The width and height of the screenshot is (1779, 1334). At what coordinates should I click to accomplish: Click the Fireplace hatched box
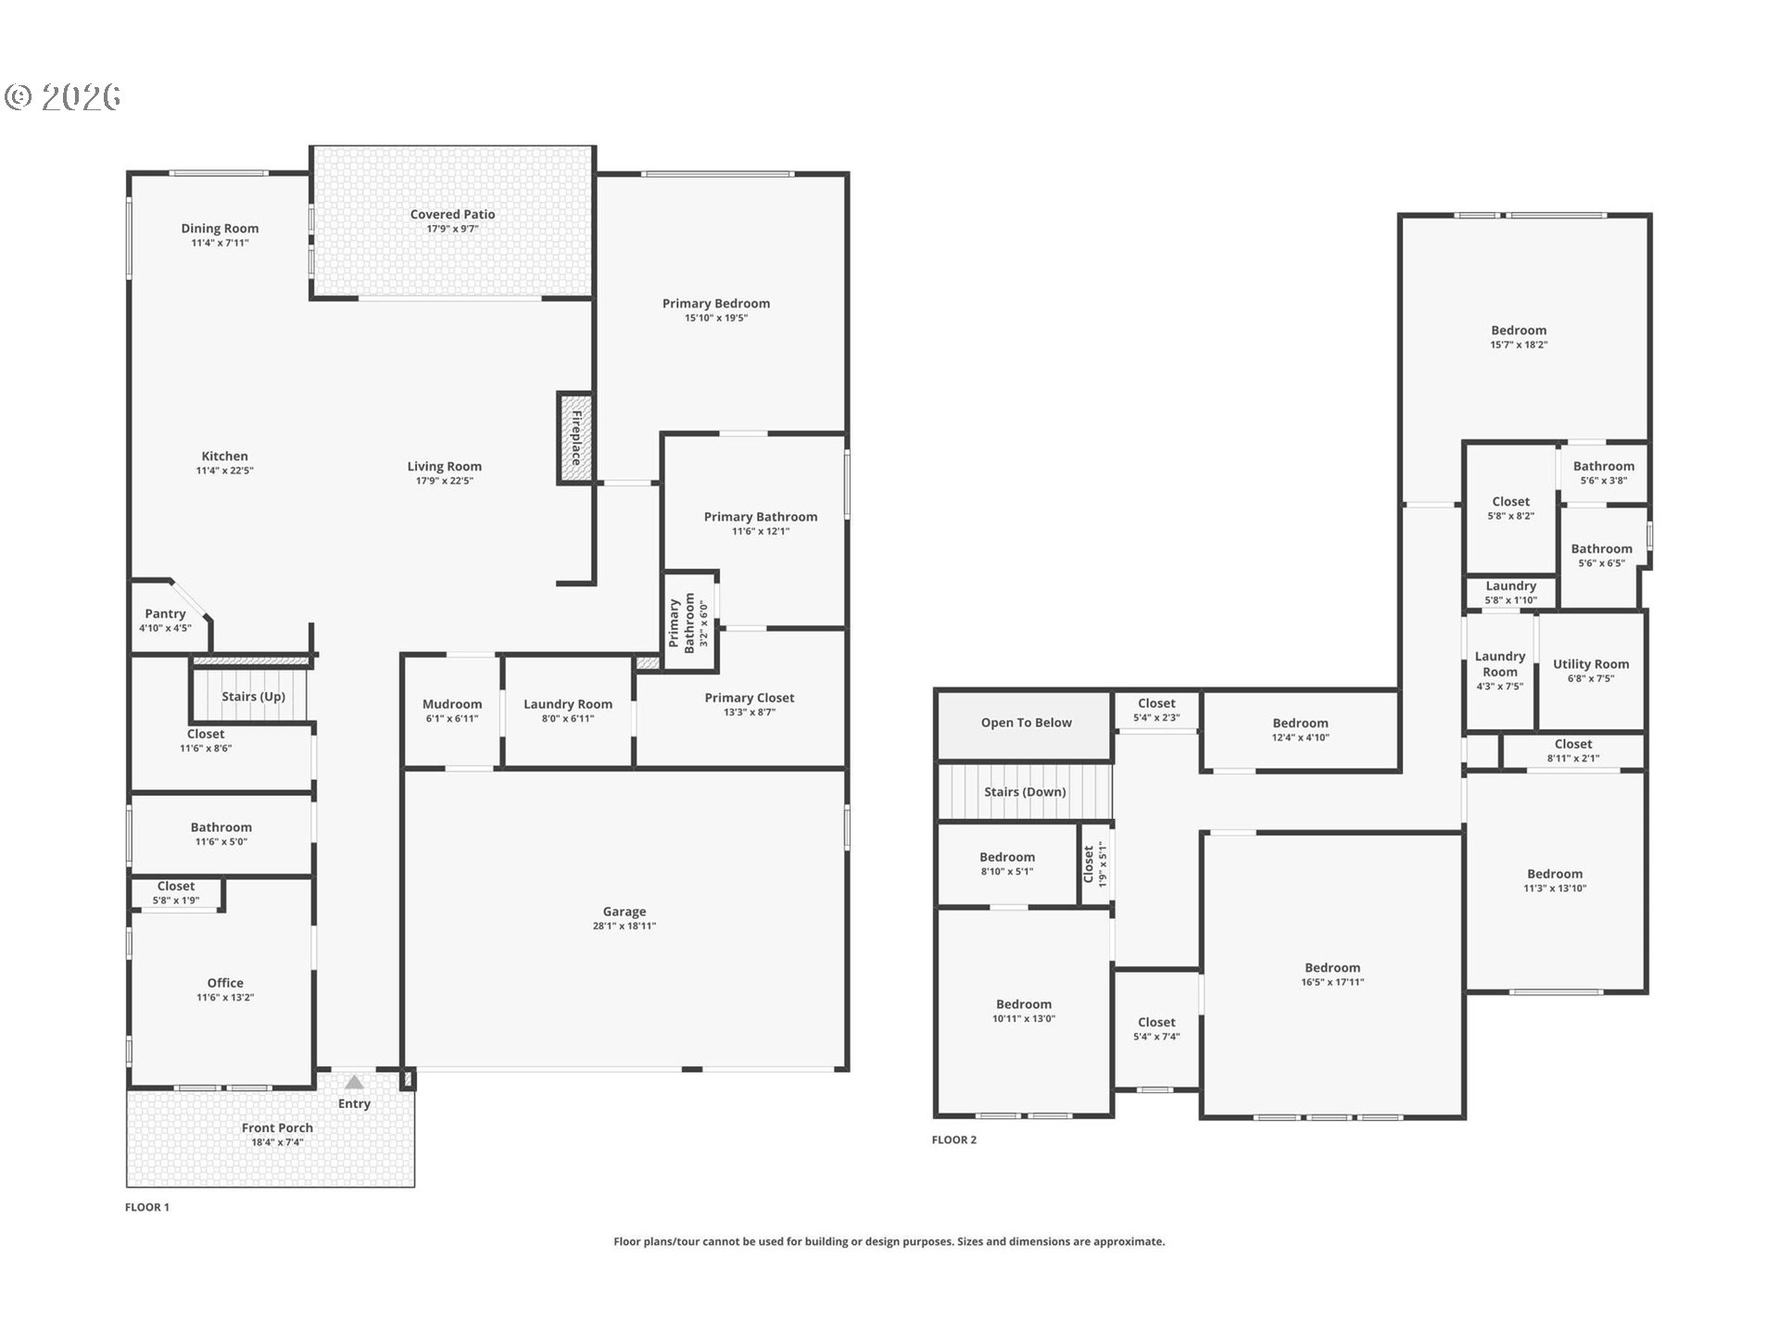(x=575, y=437)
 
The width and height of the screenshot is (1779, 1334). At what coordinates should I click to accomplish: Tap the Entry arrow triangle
(x=354, y=1082)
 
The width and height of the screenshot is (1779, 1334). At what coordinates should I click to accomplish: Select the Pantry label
(x=165, y=613)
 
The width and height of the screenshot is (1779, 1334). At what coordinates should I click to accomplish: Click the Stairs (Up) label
(x=253, y=697)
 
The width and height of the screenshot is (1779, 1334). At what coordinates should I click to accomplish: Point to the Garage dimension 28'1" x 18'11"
(x=624, y=925)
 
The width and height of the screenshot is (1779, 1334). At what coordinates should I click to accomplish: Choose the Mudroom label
(x=452, y=704)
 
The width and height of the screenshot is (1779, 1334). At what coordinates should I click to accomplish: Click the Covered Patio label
(x=452, y=214)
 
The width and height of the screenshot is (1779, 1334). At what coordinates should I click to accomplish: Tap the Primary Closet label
(x=749, y=698)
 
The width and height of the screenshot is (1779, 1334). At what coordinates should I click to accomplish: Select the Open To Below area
(x=1026, y=723)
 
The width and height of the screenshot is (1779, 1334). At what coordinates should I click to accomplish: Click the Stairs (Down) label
(x=1025, y=792)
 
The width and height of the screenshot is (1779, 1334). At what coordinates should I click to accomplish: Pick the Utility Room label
(x=1590, y=664)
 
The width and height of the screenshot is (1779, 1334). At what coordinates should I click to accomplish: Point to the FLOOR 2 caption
(x=953, y=1139)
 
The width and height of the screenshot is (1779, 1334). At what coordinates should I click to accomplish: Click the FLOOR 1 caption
(x=147, y=1207)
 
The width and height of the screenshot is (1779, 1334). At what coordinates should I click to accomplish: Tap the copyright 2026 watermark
(x=63, y=97)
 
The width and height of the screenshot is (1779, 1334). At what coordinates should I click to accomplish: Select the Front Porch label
(x=277, y=1127)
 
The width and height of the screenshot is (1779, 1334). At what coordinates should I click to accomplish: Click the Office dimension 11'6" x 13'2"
(x=225, y=998)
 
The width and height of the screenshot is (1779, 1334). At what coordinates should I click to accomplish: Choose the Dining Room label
(x=220, y=228)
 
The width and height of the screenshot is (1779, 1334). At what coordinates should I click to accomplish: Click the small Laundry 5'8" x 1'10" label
(x=1510, y=586)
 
